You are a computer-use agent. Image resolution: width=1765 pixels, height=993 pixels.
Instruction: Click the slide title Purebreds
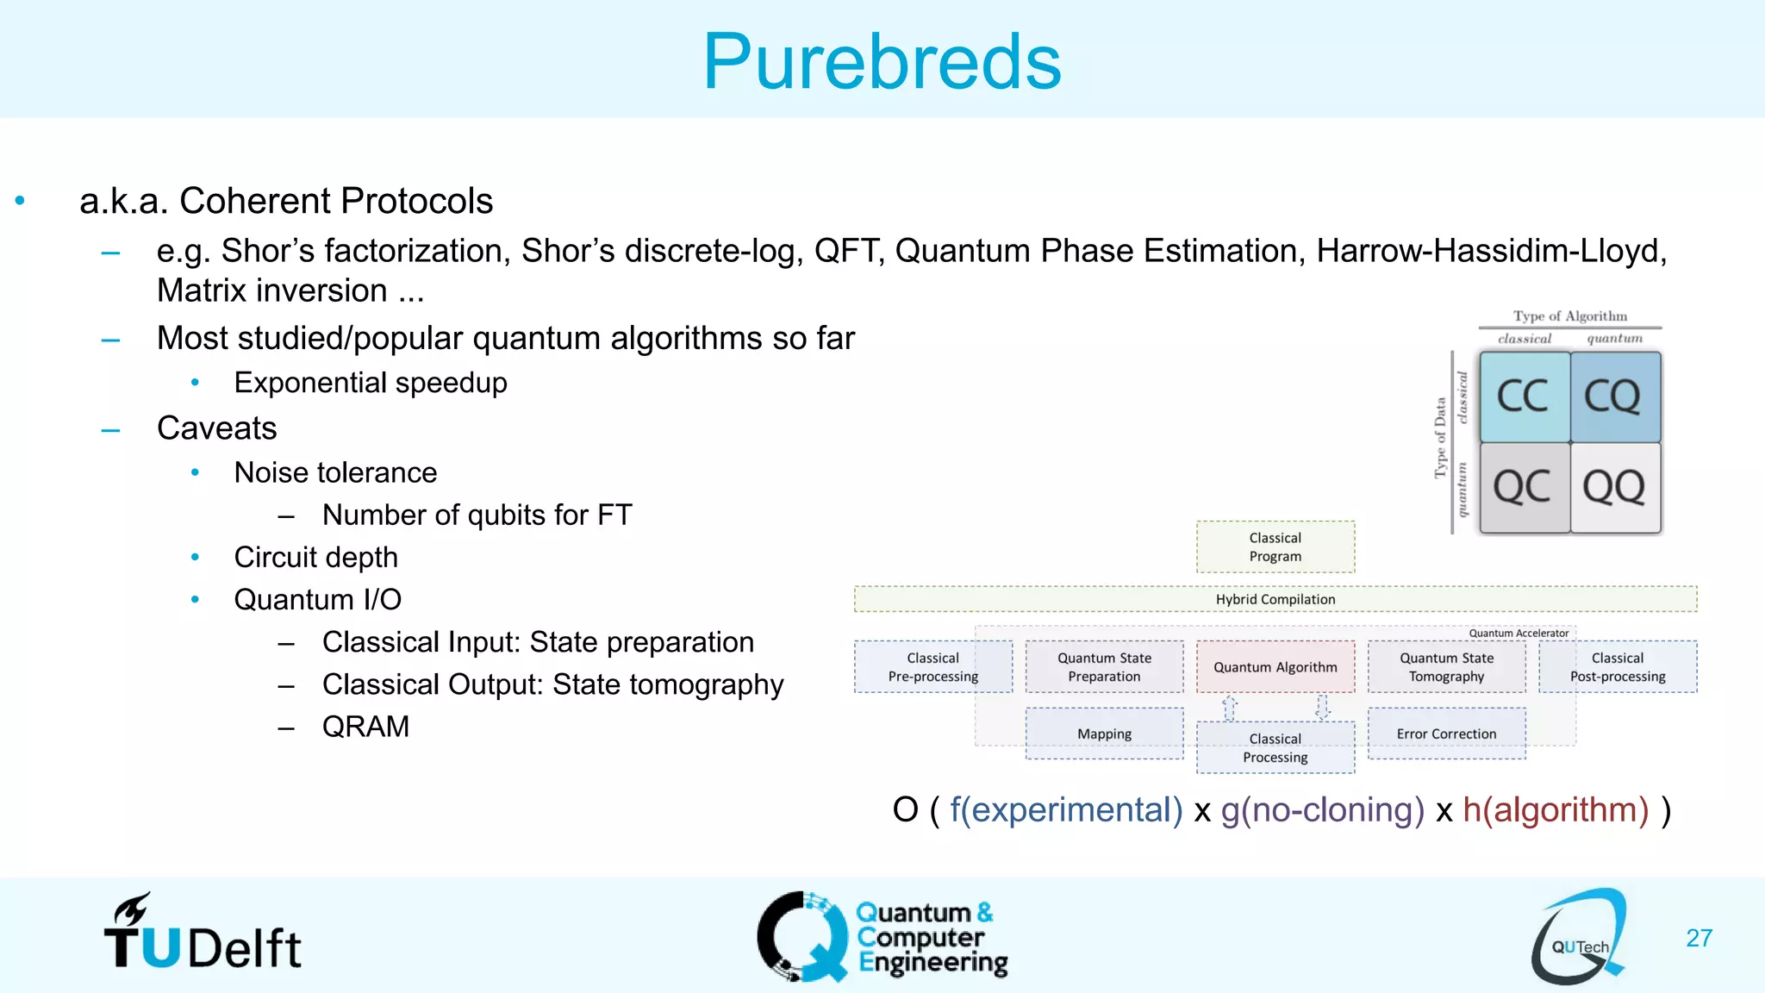(x=882, y=61)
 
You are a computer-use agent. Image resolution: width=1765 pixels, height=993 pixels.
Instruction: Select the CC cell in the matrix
(x=1524, y=397)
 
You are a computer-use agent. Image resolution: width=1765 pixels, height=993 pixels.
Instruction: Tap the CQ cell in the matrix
(x=1614, y=397)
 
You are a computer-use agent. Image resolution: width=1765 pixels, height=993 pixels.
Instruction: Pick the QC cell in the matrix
(x=1524, y=487)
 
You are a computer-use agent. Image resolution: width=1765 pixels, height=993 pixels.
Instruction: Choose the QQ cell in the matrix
(x=1614, y=487)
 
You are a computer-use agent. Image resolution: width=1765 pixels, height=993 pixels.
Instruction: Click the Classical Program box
(x=1275, y=546)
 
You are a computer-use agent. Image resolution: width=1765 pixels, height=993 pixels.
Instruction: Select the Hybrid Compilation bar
(x=1275, y=599)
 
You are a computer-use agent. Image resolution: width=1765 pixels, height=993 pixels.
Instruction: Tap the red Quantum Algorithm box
(x=1275, y=666)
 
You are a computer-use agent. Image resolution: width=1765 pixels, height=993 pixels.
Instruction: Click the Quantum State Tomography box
(x=1446, y=666)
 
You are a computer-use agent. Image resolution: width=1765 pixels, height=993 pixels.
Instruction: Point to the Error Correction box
(x=1446, y=734)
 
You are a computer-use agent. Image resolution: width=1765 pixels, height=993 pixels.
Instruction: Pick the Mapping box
(x=1104, y=734)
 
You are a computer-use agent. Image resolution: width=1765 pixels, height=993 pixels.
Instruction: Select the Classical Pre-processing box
(x=932, y=666)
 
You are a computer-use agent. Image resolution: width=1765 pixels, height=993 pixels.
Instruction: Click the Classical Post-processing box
(x=1617, y=666)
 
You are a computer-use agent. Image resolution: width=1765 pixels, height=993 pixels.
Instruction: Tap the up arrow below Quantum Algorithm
(x=1230, y=708)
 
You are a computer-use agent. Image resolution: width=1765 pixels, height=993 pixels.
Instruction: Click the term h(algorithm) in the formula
(x=1556, y=810)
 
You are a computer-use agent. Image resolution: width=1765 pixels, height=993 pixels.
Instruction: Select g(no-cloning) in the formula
(x=1322, y=810)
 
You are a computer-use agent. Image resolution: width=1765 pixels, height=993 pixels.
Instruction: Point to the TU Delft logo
(x=203, y=934)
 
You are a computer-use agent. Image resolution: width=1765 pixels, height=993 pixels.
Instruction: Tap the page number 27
(x=1699, y=938)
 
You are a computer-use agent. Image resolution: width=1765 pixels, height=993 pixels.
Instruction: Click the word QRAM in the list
(x=365, y=727)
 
